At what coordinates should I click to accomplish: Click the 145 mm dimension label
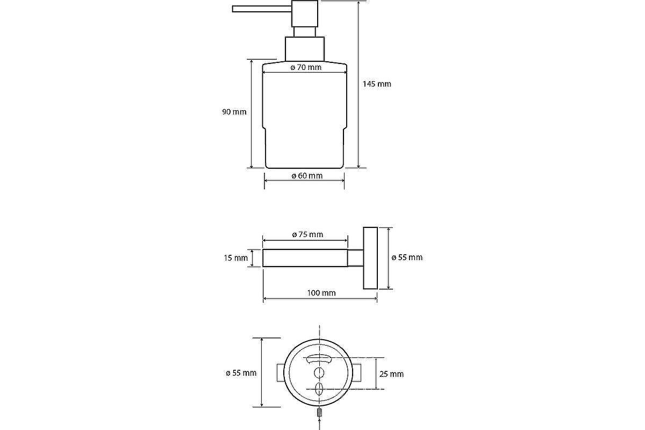point(376,84)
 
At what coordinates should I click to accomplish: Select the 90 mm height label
point(234,112)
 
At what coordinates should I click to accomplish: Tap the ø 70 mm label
point(305,68)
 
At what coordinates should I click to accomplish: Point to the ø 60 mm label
point(307,176)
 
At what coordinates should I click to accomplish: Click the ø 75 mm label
point(307,234)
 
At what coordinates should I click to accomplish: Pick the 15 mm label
point(235,258)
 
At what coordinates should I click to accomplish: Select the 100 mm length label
point(321,293)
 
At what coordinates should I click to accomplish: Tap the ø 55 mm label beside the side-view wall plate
point(407,257)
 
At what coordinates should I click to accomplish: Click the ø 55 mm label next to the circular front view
point(241,372)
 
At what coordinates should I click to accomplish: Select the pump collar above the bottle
point(304,48)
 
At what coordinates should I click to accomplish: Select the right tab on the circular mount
point(360,373)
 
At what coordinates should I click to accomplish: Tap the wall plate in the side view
point(370,258)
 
